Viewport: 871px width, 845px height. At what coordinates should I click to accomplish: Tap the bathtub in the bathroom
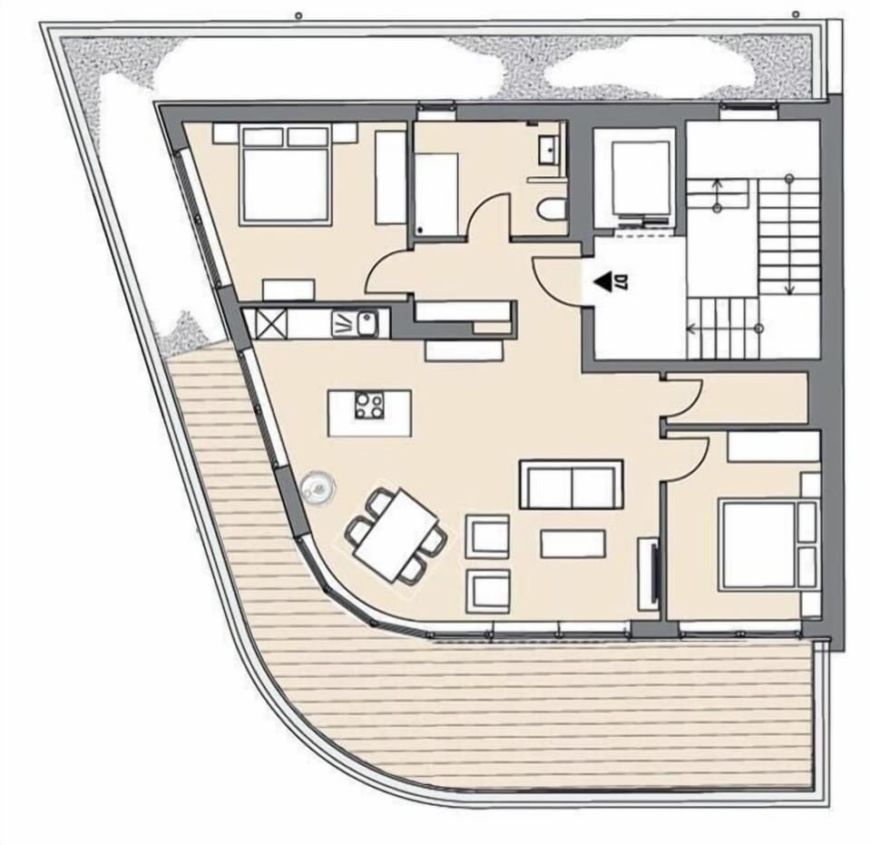coord(436,194)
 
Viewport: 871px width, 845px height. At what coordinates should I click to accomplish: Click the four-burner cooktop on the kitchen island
coord(369,404)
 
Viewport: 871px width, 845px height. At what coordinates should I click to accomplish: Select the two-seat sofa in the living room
coord(571,486)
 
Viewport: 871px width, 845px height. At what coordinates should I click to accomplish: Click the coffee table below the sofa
coord(573,544)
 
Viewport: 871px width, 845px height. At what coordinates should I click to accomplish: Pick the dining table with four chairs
coord(396,535)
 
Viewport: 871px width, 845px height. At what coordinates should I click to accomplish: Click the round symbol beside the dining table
coord(318,488)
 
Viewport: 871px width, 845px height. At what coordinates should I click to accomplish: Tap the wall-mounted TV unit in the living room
coord(648,574)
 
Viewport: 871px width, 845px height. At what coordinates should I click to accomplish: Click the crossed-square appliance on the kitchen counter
coord(270,322)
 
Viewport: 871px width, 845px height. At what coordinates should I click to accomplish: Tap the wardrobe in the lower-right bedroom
coord(774,446)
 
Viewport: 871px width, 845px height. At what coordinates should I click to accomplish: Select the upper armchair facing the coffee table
coord(487,535)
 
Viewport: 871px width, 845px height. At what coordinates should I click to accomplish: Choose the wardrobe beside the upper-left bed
coord(390,177)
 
